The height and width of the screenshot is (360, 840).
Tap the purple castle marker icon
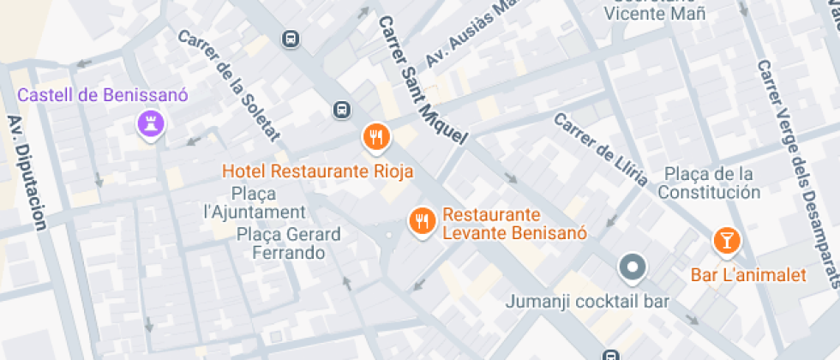pyautogui.click(x=151, y=126)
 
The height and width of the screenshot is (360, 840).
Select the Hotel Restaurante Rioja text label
pyautogui.click(x=318, y=171)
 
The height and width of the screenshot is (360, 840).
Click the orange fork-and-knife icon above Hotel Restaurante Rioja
pyautogui.click(x=376, y=136)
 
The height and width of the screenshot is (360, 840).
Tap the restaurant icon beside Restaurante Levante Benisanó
pyautogui.click(x=421, y=222)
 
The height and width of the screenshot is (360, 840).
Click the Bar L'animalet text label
pyautogui.click(x=749, y=275)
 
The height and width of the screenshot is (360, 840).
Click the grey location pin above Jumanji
pyautogui.click(x=632, y=267)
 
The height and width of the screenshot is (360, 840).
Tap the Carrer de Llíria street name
pyautogui.click(x=600, y=149)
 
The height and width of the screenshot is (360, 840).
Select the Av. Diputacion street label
pyautogui.click(x=27, y=172)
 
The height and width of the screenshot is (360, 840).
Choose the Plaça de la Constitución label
pyautogui.click(x=709, y=183)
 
